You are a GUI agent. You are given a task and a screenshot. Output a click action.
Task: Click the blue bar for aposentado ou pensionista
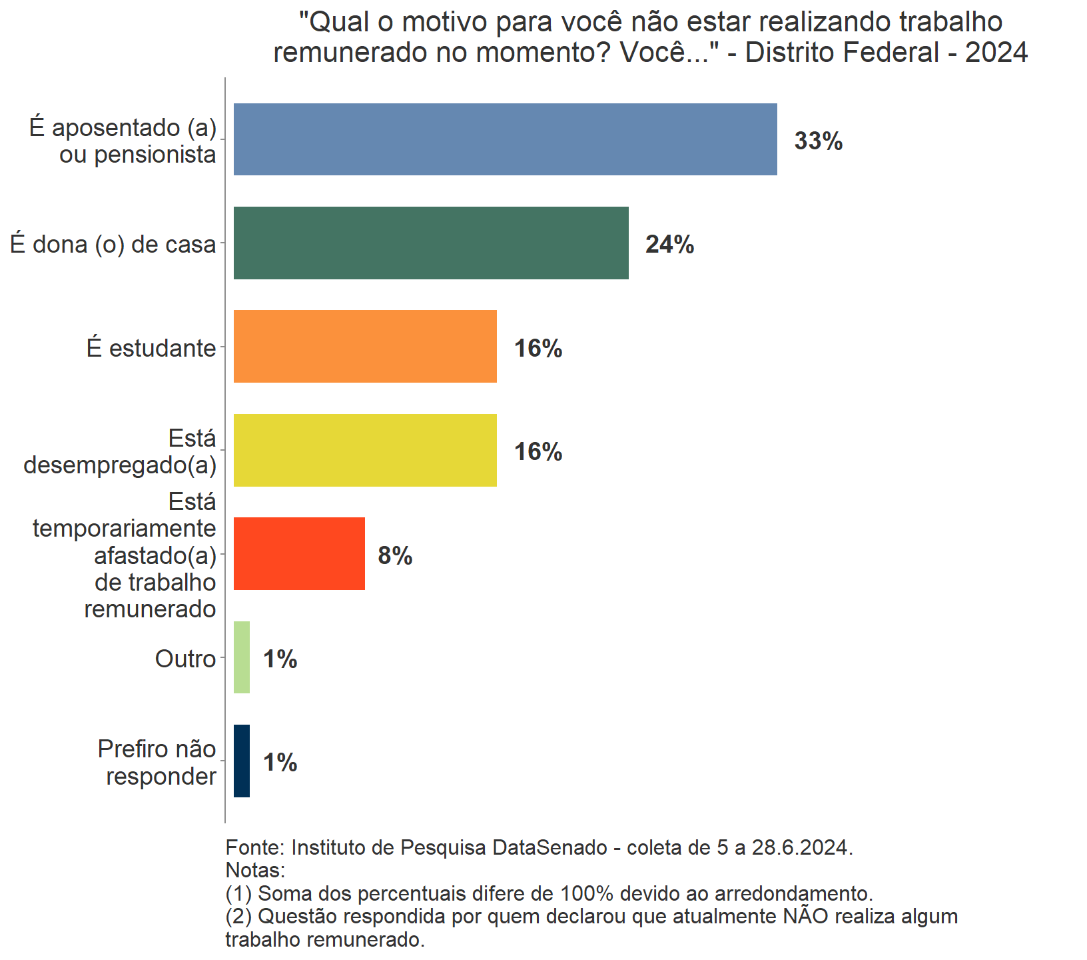point(505,139)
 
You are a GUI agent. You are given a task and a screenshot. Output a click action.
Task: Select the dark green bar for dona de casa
point(431,243)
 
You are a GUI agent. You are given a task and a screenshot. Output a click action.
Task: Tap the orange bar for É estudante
point(365,347)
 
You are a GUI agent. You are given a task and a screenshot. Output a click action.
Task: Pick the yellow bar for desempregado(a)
point(365,450)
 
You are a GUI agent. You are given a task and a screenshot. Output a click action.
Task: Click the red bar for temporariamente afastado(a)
point(299,553)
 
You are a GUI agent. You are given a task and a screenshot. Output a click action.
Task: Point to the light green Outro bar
point(242,657)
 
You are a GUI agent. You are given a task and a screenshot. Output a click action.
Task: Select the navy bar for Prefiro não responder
point(242,761)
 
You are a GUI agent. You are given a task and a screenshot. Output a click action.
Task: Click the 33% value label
point(819,141)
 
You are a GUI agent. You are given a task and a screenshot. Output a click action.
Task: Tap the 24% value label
point(669,245)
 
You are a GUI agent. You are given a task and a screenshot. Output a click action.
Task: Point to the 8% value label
point(395,555)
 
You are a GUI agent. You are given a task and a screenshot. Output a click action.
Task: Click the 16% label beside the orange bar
point(538,349)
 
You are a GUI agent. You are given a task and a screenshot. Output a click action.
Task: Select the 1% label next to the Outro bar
point(280,659)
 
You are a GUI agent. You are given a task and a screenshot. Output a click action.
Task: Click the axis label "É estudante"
point(151,348)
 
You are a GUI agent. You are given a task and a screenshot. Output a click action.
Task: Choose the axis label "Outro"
point(185,659)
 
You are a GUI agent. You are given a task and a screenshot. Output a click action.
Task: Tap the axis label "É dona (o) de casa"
point(113,245)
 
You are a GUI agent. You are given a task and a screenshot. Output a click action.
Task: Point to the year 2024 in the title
point(996,53)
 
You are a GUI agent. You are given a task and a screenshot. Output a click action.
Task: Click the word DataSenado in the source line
point(549,847)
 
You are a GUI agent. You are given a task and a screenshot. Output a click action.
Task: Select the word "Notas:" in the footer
point(255,870)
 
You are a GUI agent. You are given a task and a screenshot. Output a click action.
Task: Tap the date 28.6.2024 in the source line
point(801,847)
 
